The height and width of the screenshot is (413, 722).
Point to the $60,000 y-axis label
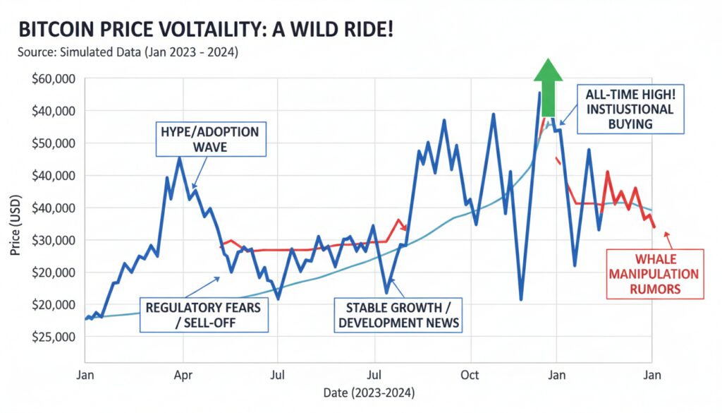tap(53, 78)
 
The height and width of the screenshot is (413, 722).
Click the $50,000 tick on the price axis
tap(53, 143)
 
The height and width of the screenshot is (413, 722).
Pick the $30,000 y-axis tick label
tap(53, 239)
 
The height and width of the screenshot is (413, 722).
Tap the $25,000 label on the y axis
tap(53, 336)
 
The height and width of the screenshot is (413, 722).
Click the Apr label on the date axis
tap(183, 374)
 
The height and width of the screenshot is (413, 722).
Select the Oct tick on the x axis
tap(470, 374)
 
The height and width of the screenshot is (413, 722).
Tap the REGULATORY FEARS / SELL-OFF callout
tap(203, 315)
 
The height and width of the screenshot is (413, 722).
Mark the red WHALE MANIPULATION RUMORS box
tap(655, 273)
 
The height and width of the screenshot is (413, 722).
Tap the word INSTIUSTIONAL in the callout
tap(630, 109)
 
